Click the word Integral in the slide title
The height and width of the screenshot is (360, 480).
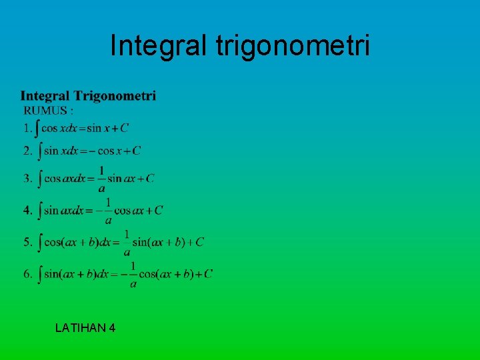tap(159, 45)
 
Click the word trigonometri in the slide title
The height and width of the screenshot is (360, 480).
tap(293, 47)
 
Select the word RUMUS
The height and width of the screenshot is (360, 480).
tap(45, 110)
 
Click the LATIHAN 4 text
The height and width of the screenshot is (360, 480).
tap(85, 327)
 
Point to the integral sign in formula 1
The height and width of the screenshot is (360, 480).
tap(37, 127)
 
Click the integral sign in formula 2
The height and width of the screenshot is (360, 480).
tap(39, 151)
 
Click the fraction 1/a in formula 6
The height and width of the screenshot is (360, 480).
tap(133, 275)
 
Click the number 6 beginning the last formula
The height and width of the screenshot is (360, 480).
tap(27, 274)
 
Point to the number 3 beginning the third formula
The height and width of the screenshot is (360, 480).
tap(27, 178)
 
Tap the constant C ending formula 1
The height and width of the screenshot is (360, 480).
tap(125, 128)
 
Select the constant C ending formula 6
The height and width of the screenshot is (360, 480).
tap(209, 273)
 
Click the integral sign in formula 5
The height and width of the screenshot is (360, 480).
tap(39, 242)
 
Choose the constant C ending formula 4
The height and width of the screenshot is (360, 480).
tap(159, 211)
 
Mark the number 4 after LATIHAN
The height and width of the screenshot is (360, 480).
tap(111, 327)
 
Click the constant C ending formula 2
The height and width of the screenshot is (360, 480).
tap(137, 151)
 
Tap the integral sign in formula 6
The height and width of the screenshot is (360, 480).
tap(39, 274)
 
